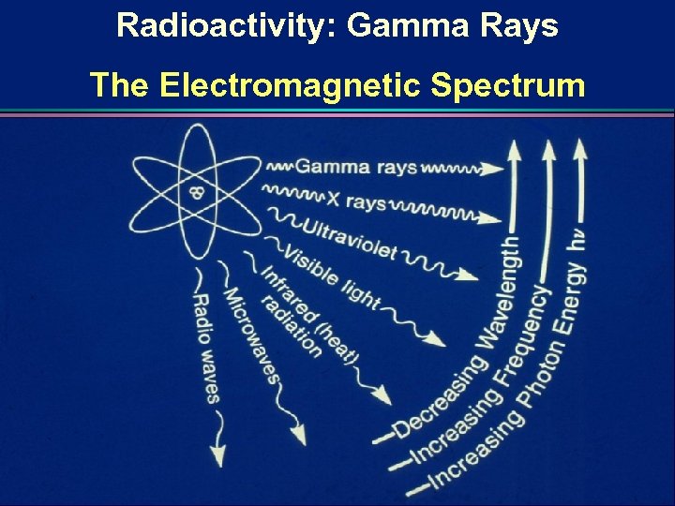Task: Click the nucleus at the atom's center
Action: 196,193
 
